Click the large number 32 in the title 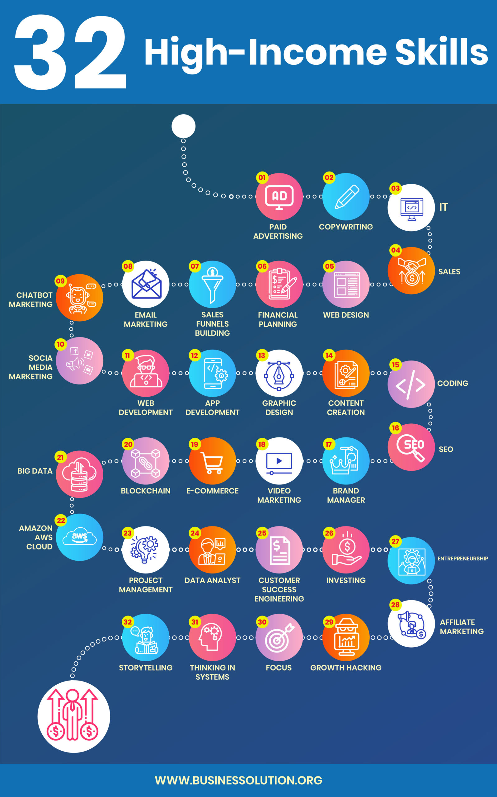70,53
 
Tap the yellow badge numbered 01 262,177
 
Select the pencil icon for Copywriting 346,197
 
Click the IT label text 443,207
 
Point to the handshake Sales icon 411,271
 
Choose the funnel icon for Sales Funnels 212,285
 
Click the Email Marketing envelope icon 146,285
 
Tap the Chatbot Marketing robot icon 80,298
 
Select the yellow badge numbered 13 262,356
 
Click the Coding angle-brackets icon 411,384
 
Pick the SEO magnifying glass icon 411,447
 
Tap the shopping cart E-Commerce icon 212,461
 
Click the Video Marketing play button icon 279,461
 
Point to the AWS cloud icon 80,537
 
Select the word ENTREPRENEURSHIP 462,559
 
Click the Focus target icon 279,638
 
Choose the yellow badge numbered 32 128,622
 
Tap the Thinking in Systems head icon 212,638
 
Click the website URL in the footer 239,780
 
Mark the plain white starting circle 183,126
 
